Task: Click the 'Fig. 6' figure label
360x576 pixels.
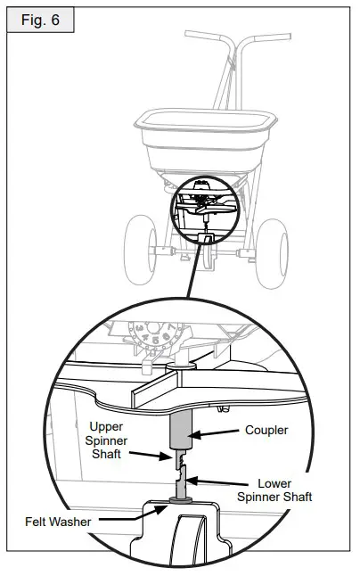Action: tap(40, 19)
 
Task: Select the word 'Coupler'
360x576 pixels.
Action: tap(266, 430)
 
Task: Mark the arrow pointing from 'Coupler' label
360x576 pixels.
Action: tap(214, 434)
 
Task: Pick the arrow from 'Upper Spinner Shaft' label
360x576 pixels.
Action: tap(157, 455)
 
